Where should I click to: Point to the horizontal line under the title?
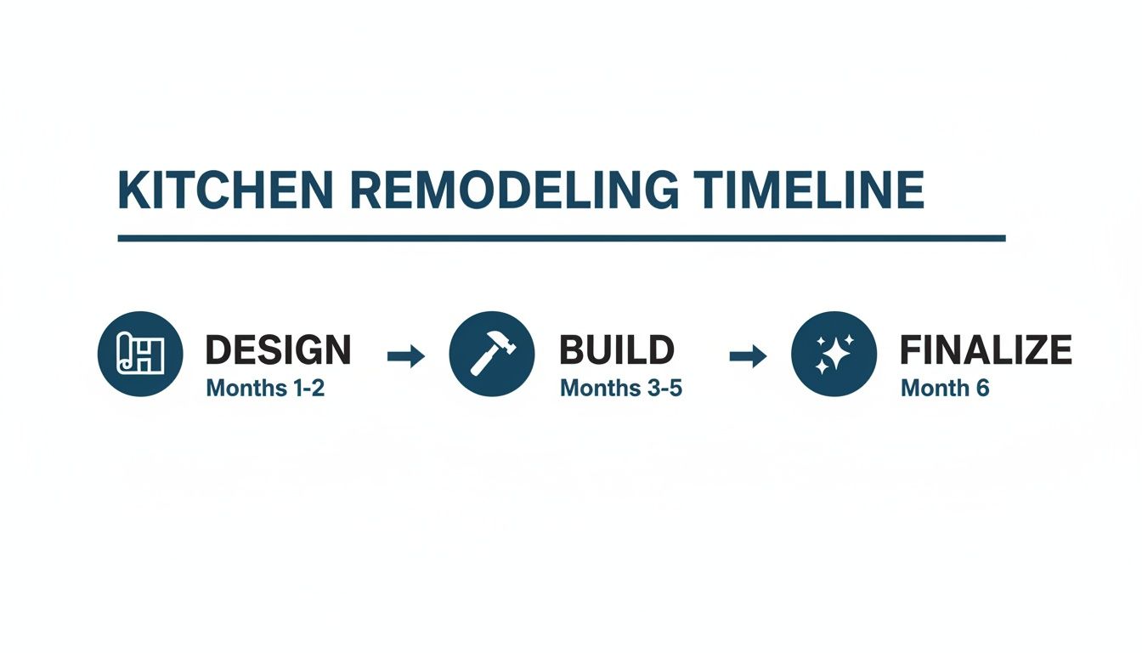coord(561,239)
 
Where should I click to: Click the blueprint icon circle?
coord(139,353)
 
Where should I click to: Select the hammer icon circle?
coord(491,353)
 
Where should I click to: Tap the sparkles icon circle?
coord(834,353)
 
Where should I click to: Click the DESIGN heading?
coord(278,350)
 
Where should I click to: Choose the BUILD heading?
coord(617,350)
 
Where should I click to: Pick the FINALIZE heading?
coord(986,350)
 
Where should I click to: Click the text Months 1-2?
coord(265,389)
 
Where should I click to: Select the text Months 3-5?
coord(621,389)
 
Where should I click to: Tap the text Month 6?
coord(945,389)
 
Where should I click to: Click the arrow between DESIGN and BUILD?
coord(405,356)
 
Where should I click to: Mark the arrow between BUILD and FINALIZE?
coord(748,356)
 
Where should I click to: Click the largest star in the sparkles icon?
coord(840,354)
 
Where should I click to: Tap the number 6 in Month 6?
coord(981,389)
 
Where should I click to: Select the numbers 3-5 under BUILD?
coord(664,389)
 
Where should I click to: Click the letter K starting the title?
coord(131,190)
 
